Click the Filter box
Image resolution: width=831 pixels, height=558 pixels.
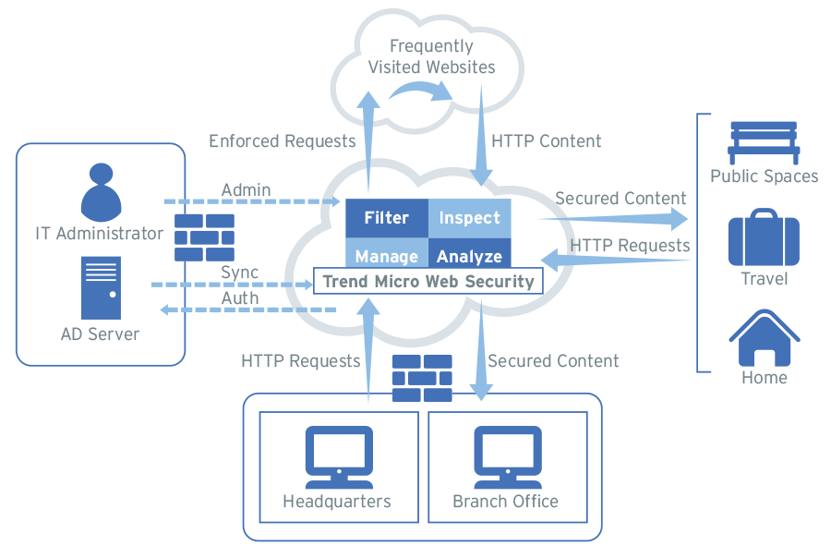[386, 218]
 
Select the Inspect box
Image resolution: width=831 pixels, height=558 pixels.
[469, 218]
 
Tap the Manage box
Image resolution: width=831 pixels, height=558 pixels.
[386, 254]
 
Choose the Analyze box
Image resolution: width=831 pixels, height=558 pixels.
[469, 254]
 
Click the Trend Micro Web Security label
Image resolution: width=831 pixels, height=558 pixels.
[428, 281]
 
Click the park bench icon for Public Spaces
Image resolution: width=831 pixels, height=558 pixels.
[764, 142]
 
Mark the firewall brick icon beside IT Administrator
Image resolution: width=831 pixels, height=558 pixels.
[204, 237]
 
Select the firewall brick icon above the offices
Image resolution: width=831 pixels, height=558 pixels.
[422, 378]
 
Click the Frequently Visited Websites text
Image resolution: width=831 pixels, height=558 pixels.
[431, 56]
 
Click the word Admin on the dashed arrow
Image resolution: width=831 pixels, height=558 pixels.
[246, 190]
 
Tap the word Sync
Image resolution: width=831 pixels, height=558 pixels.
[239, 273]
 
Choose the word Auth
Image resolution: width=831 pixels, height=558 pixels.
[240, 298]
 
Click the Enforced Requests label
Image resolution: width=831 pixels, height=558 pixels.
[282, 141]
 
